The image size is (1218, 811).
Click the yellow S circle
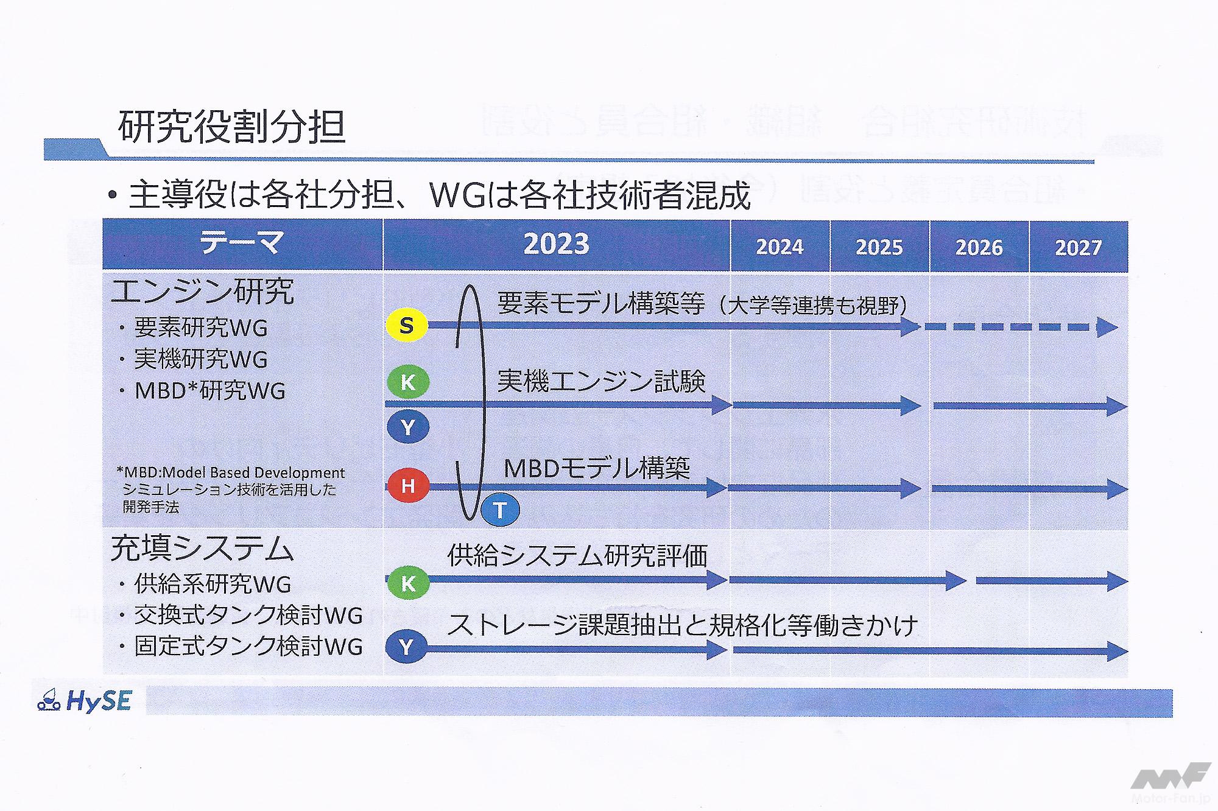coord(407,326)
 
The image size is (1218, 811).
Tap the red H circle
coord(407,486)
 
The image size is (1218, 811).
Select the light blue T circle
coord(500,510)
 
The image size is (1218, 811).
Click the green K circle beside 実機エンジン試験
coord(407,382)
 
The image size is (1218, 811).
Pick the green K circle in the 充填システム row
coord(408,583)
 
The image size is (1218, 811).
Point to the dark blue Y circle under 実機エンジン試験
coord(407,427)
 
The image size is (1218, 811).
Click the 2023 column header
coord(557,244)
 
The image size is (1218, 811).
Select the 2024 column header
coord(780,247)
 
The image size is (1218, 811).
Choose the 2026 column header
coord(979,247)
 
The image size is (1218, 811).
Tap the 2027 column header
coord(1079,247)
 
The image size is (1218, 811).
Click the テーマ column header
coord(242,244)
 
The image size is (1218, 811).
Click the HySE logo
coord(84,701)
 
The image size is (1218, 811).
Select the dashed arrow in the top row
coord(1021,327)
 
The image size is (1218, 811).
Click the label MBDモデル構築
coord(597,468)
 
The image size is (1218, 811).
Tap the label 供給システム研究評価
coord(577,555)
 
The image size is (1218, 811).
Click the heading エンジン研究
coord(203,292)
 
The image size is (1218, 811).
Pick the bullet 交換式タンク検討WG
coord(241,615)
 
